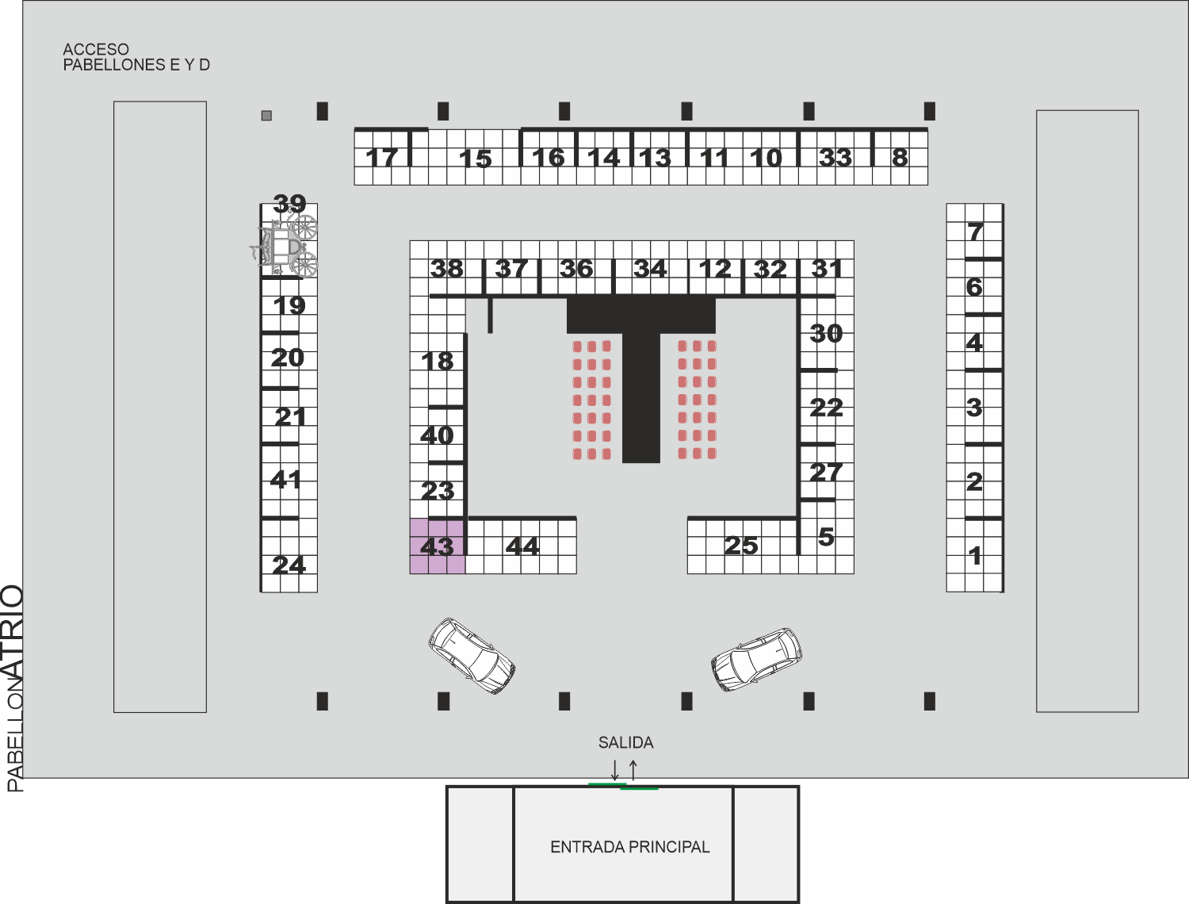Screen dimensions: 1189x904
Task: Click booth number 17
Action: [x=382, y=158]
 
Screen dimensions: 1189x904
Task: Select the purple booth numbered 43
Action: [x=437, y=546]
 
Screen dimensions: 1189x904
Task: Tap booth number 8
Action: [x=899, y=158]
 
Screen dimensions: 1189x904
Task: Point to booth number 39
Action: [x=290, y=205]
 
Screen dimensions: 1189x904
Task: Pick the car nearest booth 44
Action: [x=472, y=656]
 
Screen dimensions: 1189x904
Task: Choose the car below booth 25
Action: [x=756, y=660]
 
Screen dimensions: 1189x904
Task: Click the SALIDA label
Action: [x=625, y=742]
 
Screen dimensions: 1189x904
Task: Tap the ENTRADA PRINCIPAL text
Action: [x=630, y=847]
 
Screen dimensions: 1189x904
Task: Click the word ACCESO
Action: [x=96, y=49]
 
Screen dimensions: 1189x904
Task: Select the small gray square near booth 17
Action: [x=266, y=115]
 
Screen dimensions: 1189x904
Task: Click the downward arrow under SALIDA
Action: [x=615, y=770]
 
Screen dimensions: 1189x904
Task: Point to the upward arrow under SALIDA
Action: [x=633, y=770]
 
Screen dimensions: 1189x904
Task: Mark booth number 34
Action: [x=650, y=269]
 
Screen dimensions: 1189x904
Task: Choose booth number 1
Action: [x=975, y=556]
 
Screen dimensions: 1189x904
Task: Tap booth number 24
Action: [x=289, y=565]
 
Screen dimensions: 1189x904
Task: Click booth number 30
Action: [x=826, y=334]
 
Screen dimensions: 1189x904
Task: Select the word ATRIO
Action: [x=13, y=632]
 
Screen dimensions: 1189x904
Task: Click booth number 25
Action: [x=741, y=546]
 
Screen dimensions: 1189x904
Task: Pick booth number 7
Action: [x=975, y=232]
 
